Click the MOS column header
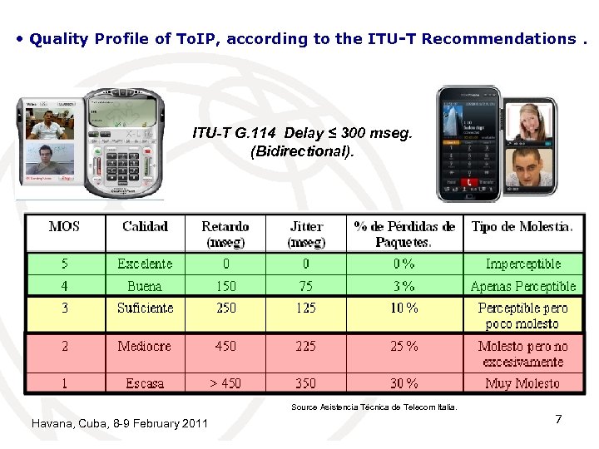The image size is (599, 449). pos(64,226)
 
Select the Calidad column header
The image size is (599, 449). pos(145,226)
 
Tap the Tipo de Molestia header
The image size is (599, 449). pos(522,226)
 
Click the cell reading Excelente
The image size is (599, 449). pos(145,264)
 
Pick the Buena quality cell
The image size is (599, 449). pos(145,286)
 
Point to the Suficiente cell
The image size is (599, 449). pos(145,308)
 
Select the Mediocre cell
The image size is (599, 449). pos(145,346)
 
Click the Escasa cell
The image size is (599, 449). pos(145,383)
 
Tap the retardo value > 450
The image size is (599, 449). pos(225,383)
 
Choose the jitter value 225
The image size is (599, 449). pos(305,346)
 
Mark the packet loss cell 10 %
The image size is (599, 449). pos(404,308)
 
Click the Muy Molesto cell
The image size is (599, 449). pos(522,383)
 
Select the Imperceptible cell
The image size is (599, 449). pos(522,264)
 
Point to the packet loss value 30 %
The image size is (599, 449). pos(404,383)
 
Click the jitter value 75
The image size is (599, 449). pos(305,286)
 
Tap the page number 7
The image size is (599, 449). pos(558,419)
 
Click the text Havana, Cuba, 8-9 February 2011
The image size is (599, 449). pos(119,424)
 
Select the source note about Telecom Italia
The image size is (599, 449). pos(374,407)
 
